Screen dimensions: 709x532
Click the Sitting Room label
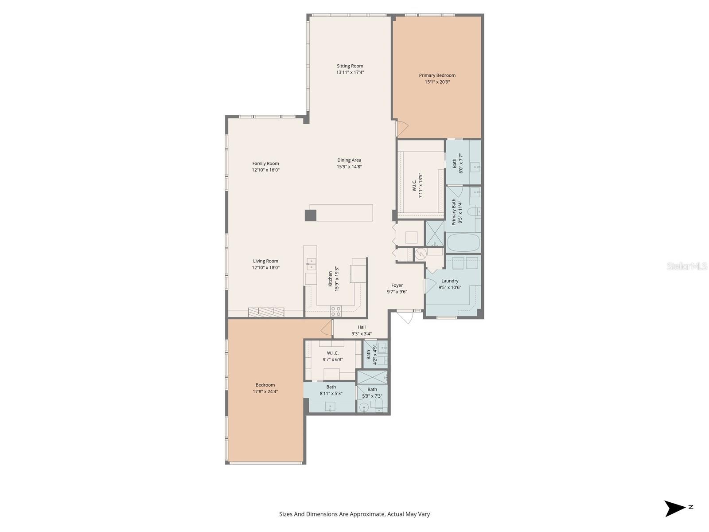pos(350,66)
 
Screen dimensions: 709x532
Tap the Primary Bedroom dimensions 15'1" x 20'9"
pos(437,82)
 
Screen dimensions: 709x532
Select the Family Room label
pos(265,164)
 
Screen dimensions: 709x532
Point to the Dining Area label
pos(349,160)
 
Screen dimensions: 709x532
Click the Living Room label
pos(265,261)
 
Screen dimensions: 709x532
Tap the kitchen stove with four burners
pos(335,311)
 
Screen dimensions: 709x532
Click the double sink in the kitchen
pos(311,264)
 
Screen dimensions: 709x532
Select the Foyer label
pos(397,285)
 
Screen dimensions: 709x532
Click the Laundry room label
pos(450,281)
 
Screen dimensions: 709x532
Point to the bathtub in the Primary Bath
pos(463,242)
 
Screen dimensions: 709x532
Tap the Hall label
pos(362,327)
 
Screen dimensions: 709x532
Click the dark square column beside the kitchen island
pos(311,215)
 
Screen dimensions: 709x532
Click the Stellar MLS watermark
pos(686,266)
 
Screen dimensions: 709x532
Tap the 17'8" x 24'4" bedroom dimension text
pos(265,391)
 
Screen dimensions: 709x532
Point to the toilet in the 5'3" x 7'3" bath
pos(379,405)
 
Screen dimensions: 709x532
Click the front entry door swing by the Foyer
pos(406,317)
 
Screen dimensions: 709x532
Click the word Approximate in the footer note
pos(367,514)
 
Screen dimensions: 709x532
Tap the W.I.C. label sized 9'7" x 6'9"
pos(332,353)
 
